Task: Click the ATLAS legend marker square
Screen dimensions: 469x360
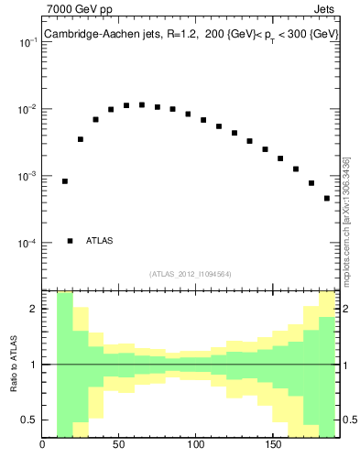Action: click(70, 241)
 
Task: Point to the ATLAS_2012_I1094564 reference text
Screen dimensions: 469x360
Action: click(190, 273)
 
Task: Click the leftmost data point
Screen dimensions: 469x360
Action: click(65, 181)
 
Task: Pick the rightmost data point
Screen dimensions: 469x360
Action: click(326, 198)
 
